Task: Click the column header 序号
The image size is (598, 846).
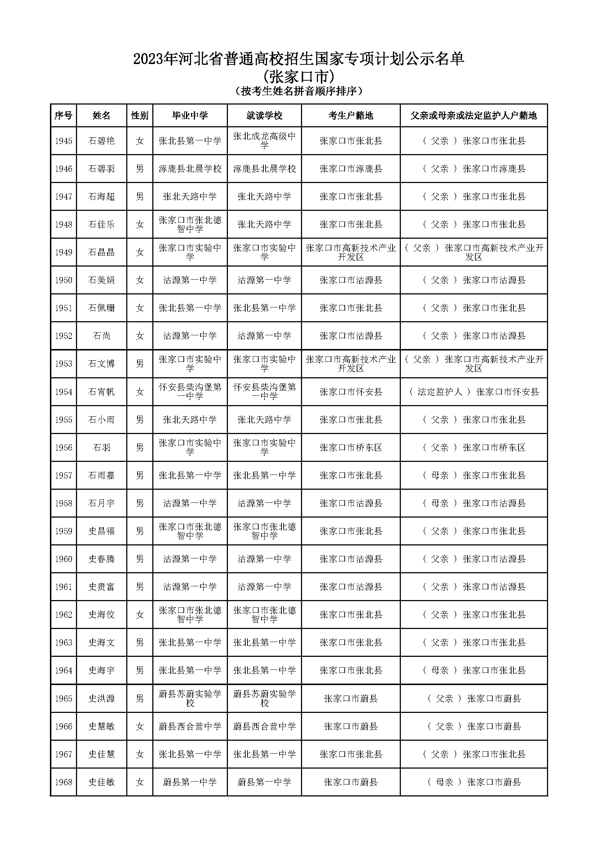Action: (63, 116)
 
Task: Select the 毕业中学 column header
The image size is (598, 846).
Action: (190, 116)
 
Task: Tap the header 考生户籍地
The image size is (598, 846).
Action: (351, 116)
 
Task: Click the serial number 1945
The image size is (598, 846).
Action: (63, 141)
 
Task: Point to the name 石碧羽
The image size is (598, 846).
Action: (101, 169)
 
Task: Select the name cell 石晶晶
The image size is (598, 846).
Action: (101, 252)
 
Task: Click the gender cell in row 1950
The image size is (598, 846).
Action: (140, 280)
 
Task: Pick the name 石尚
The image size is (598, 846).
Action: (101, 336)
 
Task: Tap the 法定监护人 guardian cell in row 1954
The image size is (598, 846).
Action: (474, 392)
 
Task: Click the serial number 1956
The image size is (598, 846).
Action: (63, 448)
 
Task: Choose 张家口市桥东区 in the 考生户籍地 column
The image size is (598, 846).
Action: (351, 448)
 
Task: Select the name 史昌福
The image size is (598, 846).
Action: (101, 531)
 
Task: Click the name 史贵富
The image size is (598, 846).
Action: (101, 587)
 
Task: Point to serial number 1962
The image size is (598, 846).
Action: (63, 615)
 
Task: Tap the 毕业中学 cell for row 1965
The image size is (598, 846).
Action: (190, 699)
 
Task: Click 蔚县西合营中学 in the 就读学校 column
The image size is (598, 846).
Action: (264, 727)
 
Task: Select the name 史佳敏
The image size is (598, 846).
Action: (101, 782)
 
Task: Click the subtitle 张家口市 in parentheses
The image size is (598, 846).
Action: (299, 77)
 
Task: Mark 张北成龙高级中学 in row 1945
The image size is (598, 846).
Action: (264, 141)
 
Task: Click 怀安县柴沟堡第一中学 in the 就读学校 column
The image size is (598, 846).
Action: (264, 392)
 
